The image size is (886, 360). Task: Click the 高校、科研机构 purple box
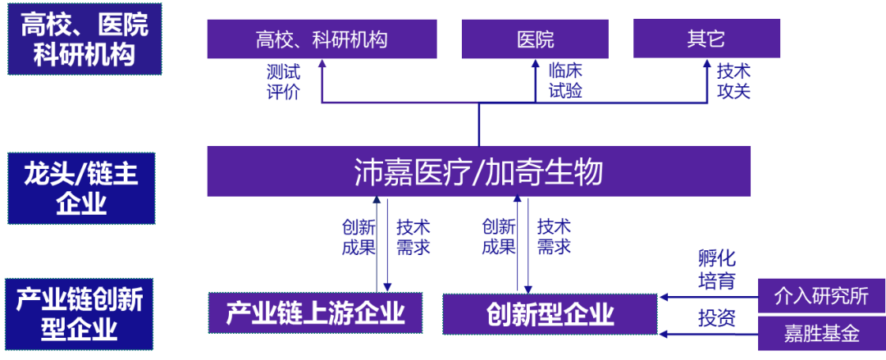click(x=322, y=39)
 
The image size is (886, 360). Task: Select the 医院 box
click(x=535, y=39)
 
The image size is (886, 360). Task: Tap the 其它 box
click(x=706, y=39)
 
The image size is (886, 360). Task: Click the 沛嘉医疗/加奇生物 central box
click(x=478, y=172)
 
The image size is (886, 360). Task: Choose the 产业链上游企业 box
click(x=316, y=313)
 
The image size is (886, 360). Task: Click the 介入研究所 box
click(x=820, y=296)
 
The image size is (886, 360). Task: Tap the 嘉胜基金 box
click(x=820, y=334)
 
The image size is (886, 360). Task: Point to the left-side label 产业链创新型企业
click(x=80, y=314)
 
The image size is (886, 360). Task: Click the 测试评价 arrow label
click(x=282, y=81)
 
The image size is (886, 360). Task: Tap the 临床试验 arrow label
click(x=564, y=81)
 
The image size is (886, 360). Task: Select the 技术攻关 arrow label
click(x=733, y=81)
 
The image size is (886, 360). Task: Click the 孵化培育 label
click(x=716, y=270)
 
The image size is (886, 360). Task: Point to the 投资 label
click(x=716, y=317)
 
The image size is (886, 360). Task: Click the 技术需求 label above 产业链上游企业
click(x=413, y=236)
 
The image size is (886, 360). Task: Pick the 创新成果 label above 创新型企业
click(x=499, y=236)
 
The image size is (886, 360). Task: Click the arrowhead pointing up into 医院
click(x=535, y=66)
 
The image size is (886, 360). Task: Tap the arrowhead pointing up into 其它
click(x=707, y=66)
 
